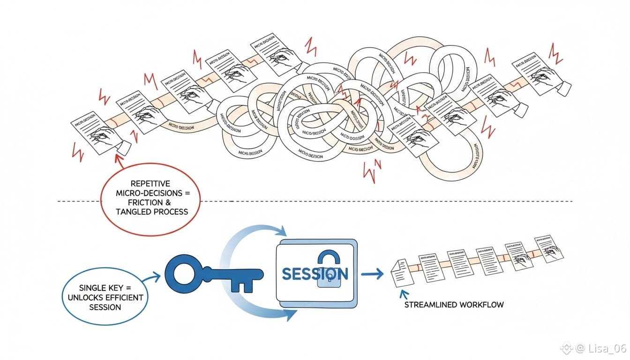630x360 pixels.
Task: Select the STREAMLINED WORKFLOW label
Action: point(454,305)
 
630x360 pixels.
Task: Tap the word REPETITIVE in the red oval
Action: point(150,183)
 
